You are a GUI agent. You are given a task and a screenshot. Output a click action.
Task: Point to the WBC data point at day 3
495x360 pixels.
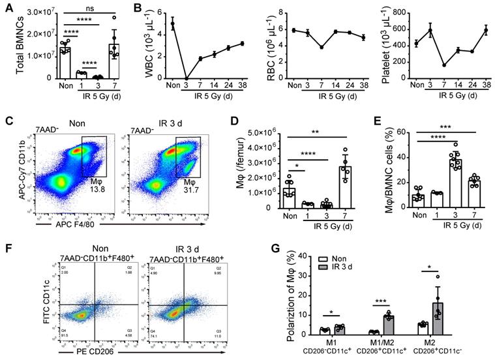pyautogui.click(x=186, y=77)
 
